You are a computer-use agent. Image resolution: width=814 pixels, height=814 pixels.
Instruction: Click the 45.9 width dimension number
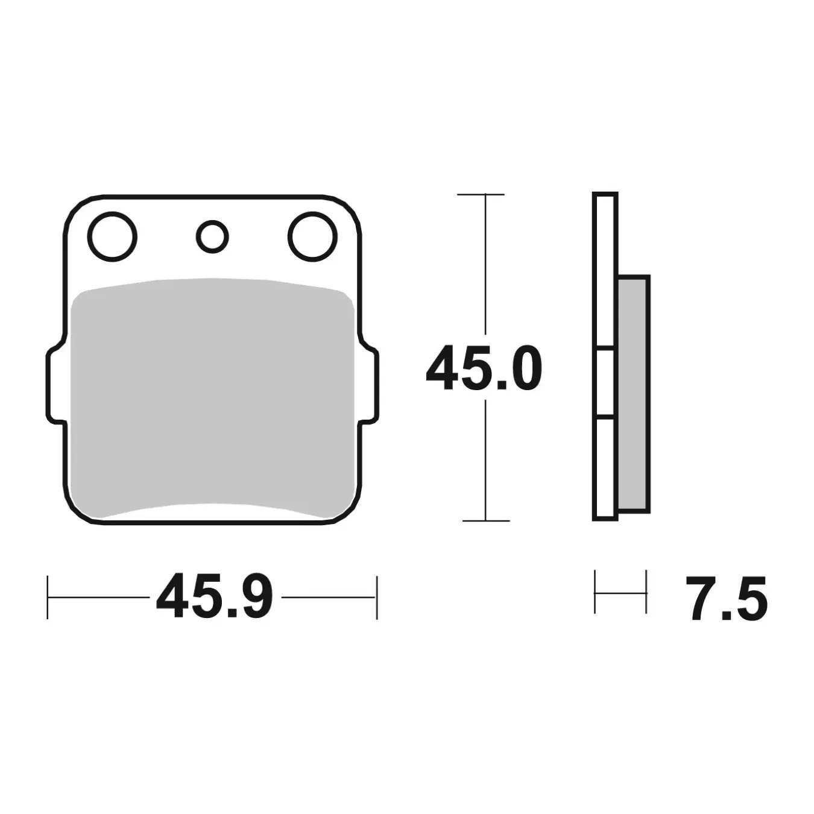pos(215,597)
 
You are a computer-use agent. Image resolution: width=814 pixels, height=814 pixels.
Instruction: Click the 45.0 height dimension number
pos(484,368)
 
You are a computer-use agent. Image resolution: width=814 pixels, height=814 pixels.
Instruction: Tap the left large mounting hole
pos(112,236)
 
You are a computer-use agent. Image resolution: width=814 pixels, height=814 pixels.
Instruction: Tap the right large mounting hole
pos(312,236)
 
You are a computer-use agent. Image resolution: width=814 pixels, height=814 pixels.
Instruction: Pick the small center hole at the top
pos(212,236)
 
